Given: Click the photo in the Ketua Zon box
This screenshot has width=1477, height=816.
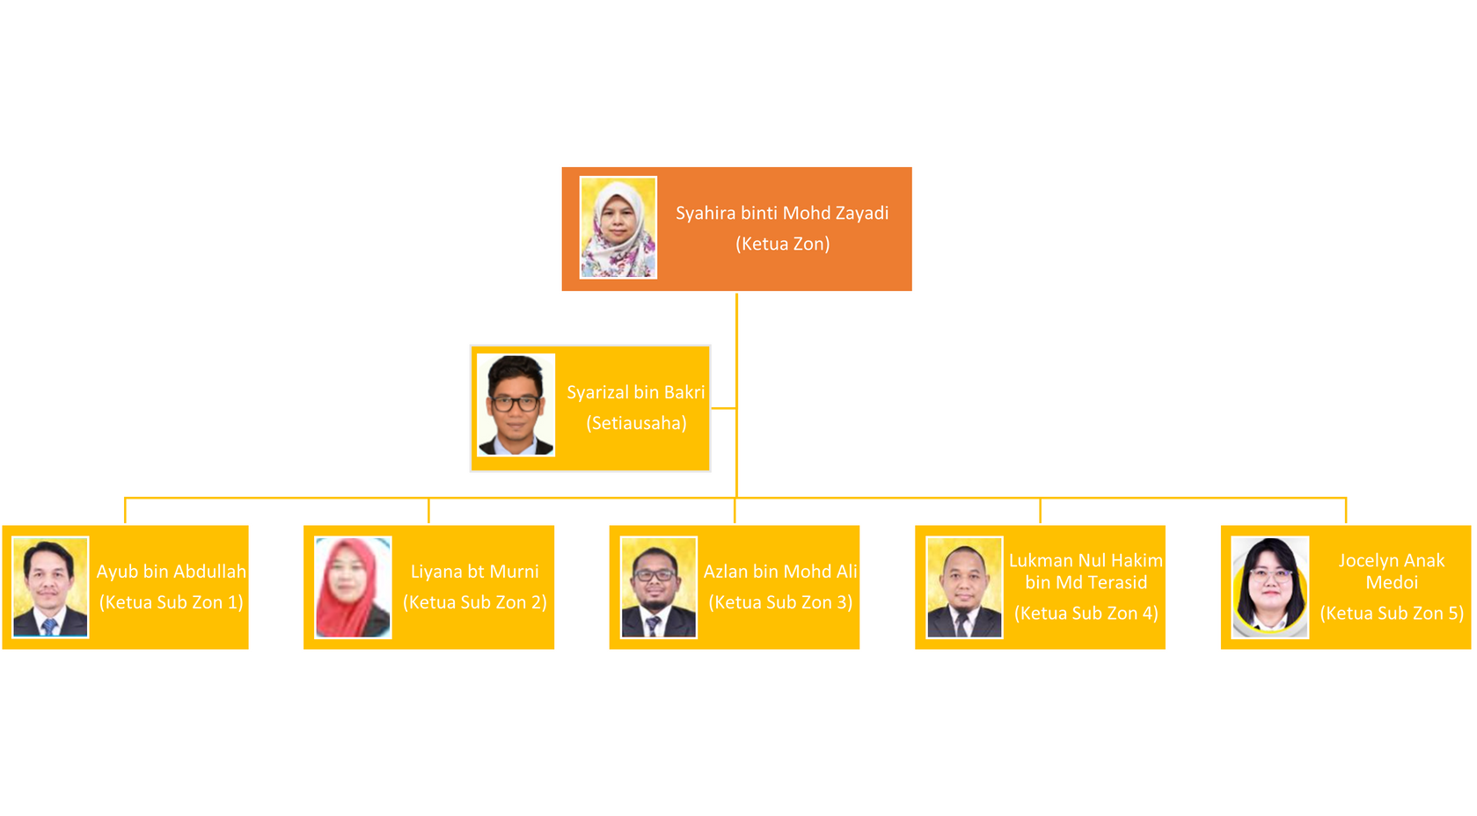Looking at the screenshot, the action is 618,228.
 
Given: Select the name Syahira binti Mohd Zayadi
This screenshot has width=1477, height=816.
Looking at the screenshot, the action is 782,214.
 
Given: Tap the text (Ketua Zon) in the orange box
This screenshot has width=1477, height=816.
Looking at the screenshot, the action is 783,244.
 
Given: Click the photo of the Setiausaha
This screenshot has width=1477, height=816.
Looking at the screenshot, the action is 515,404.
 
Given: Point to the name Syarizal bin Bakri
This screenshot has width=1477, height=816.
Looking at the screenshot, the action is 636,392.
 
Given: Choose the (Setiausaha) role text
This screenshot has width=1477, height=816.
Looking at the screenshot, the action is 636,423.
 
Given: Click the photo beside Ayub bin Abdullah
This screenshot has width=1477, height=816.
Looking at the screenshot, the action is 50,587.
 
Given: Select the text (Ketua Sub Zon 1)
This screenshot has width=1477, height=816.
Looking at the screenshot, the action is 172,602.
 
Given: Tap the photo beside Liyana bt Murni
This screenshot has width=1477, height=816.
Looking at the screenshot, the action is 353,587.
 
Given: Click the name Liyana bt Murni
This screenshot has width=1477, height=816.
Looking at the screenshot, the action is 475,572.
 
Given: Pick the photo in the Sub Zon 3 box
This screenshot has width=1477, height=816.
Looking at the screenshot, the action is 659,587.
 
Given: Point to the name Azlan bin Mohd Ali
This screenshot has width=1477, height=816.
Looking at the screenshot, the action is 780,572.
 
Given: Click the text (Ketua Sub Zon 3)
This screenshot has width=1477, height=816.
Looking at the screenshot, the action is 780,602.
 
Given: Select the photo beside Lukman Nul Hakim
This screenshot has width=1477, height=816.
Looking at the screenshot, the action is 965,587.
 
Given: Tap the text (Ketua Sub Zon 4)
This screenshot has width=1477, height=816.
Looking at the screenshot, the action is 1086,614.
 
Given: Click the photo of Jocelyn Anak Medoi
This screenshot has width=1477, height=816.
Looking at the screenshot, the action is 1270,587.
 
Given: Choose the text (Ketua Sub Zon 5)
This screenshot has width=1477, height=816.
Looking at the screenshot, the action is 1392,614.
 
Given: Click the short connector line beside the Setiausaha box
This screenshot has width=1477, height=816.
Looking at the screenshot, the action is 723,408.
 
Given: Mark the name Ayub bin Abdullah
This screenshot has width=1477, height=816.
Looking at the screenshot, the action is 172,572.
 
